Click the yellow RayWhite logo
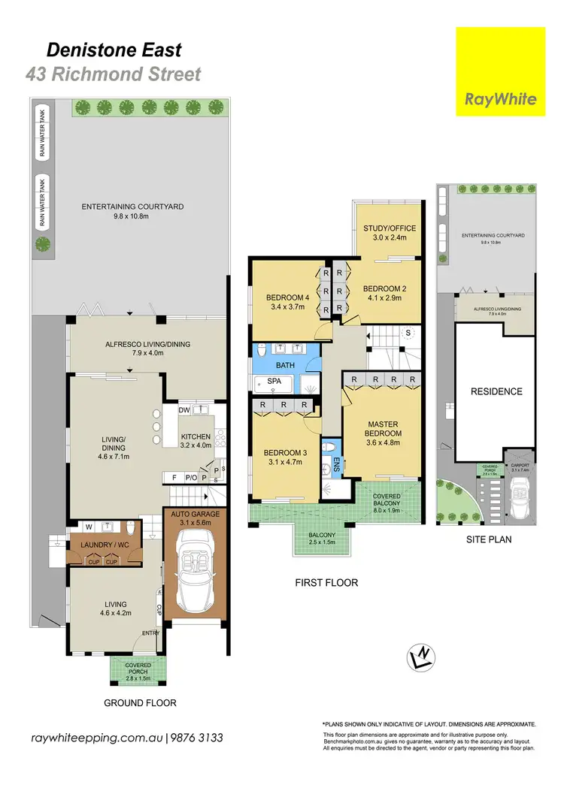point(500,71)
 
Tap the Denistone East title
point(114,50)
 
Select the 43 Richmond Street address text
point(114,74)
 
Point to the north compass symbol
point(420,657)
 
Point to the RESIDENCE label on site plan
point(496,391)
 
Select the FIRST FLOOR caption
point(326,583)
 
